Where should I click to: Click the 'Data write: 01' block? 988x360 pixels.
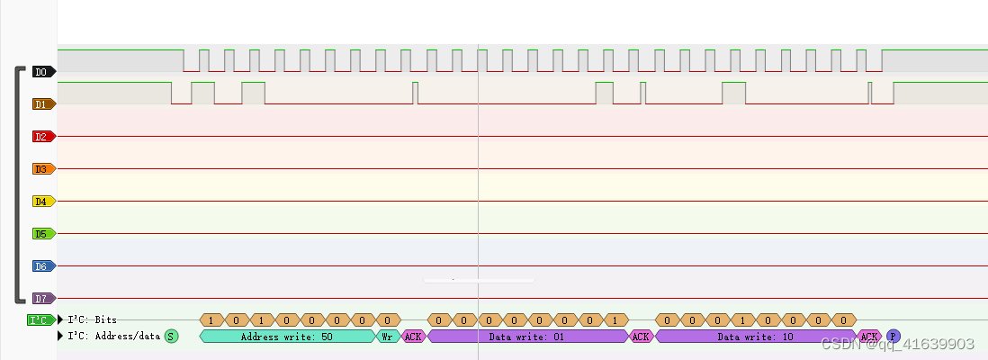point(526,336)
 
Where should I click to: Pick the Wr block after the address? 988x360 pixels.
point(387,336)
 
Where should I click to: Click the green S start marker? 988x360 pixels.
point(171,336)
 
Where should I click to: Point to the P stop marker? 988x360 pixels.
point(893,336)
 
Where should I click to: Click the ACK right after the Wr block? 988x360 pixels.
point(413,336)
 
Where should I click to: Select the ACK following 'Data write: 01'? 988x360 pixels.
point(641,336)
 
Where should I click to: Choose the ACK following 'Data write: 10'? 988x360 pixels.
point(869,336)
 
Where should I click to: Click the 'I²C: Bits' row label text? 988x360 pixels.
point(92,319)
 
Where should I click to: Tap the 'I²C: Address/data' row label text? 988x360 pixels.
point(112,336)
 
